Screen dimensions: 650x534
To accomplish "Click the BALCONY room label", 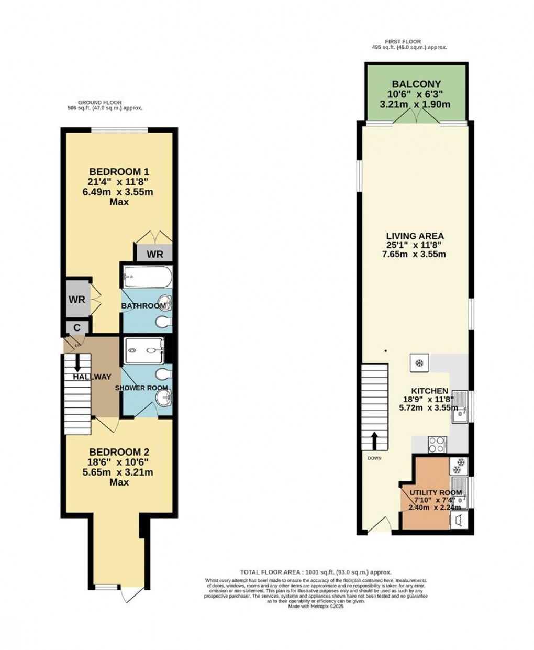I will pos(416,84).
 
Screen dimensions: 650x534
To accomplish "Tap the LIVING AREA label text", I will pos(415,236).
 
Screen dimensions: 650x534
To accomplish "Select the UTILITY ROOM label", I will pos(435,493).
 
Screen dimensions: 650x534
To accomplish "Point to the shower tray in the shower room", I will pos(144,350).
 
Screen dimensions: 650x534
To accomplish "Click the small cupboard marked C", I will pos(77,328).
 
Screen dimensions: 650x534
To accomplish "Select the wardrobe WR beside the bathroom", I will pos(155,255).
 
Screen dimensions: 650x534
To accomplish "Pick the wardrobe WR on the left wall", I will pos(77,300).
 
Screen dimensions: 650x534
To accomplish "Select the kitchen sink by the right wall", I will pos(460,406).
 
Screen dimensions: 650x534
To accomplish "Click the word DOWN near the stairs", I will pos(374,458).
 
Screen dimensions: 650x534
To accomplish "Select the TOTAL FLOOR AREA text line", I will pos(316,572).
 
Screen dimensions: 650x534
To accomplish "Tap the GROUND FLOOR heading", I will pos(99,103).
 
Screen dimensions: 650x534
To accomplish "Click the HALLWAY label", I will pos(92,377).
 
